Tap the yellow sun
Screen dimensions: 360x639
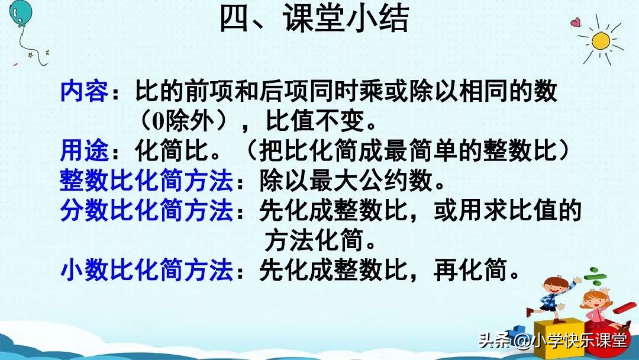[600, 41]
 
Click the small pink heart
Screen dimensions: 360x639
[575, 23]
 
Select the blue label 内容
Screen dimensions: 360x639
[84, 92]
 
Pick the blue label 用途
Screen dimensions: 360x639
[84, 152]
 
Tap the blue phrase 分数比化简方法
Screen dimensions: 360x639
[146, 211]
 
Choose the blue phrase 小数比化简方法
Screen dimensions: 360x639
[146, 271]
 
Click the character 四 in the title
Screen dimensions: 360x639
[235, 20]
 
